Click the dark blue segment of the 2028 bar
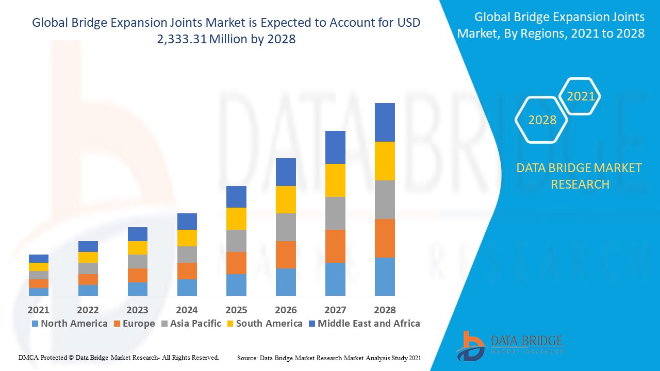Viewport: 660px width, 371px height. coord(385,122)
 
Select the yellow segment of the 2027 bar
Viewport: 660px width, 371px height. coord(335,180)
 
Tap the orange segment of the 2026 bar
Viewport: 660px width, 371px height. coord(286,255)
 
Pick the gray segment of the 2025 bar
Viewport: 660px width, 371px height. coord(236,241)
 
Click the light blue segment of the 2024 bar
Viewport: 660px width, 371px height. coord(187,287)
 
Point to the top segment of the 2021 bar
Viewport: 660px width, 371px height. coord(39,259)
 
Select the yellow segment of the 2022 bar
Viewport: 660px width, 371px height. coord(88,257)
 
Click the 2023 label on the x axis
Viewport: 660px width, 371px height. coord(137,310)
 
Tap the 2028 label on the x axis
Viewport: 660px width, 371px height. coord(385,310)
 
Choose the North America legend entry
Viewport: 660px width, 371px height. coord(70,324)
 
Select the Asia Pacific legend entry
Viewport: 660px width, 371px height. coord(191,324)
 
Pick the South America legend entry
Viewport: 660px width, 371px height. coord(263,324)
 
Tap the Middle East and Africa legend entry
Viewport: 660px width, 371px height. coord(364,324)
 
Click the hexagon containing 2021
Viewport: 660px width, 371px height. coord(581,96)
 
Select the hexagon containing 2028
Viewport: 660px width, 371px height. coord(542,120)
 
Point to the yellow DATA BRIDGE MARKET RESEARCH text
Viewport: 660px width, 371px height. coord(580,176)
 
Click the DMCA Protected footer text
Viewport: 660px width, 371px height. coord(119,357)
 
